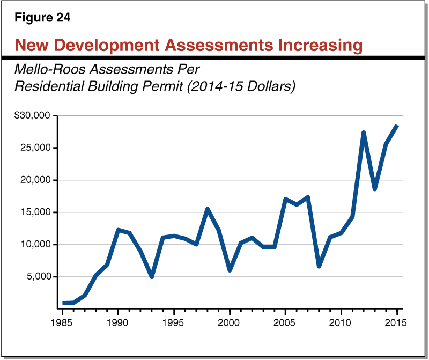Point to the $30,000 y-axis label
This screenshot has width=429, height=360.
click(x=32, y=115)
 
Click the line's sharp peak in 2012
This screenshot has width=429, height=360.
click(x=364, y=133)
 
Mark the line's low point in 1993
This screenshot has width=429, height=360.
click(x=152, y=276)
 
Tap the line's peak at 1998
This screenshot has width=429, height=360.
click(x=208, y=209)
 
